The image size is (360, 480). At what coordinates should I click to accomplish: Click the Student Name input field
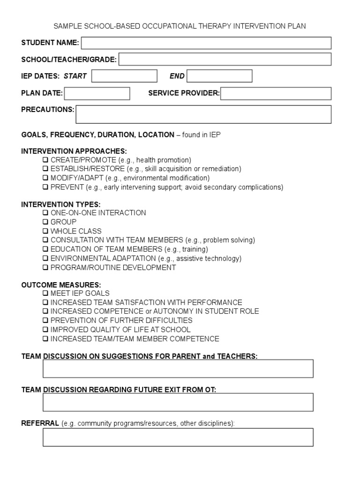coord(206,43)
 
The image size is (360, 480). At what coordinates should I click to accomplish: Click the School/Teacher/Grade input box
coord(225,60)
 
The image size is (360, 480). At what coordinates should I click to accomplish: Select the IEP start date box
coord(124,76)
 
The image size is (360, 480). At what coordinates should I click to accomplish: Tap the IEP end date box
coord(219,76)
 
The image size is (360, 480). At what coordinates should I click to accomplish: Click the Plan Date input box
coord(97,93)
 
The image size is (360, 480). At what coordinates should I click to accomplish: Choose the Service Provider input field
coord(276,93)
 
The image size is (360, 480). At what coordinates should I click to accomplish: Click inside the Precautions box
coord(203,114)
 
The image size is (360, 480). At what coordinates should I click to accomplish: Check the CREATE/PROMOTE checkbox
coord(45,160)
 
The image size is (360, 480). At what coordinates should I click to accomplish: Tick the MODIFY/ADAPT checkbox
coord(45,178)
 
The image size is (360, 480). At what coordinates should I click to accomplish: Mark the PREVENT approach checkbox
coord(45,187)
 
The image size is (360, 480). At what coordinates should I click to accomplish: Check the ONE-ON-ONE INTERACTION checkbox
coord(45,213)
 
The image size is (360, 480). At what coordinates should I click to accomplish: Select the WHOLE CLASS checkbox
coord(45,231)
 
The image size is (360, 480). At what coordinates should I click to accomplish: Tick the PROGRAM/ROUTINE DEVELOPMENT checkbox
coord(45,268)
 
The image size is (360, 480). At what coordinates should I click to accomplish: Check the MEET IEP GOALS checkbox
coord(45,293)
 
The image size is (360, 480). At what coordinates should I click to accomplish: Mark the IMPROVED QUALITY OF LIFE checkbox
coord(45,330)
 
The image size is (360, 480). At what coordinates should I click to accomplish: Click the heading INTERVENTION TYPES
coord(61,204)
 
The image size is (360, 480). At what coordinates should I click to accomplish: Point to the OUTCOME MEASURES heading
coord(61,285)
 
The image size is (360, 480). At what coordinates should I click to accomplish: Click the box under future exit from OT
coord(178,402)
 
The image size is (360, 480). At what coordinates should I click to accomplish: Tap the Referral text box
coord(178,437)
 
